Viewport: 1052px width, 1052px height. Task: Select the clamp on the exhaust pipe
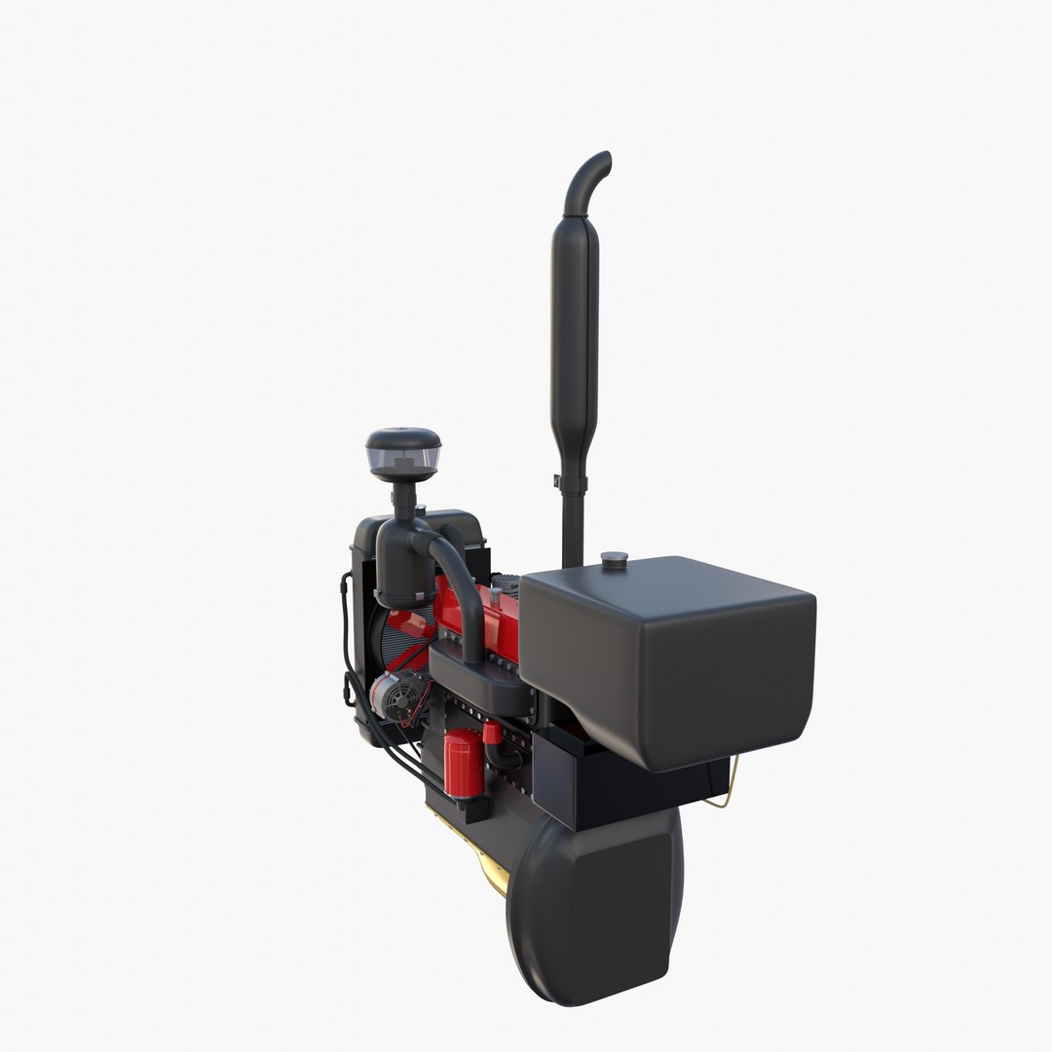(573, 483)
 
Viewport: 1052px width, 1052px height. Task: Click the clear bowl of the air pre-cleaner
(402, 454)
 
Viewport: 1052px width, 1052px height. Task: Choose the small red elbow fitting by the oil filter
(493, 733)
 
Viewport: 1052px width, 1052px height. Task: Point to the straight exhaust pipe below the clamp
(573, 526)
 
